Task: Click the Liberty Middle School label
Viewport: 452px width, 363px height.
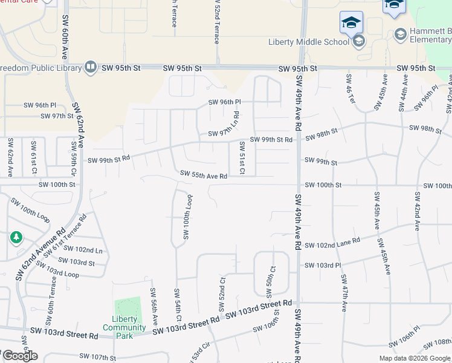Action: click(x=308, y=41)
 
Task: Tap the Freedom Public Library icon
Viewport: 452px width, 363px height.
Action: click(x=91, y=67)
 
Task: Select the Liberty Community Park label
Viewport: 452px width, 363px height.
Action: click(x=124, y=324)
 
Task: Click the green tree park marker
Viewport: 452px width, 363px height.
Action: click(x=15, y=238)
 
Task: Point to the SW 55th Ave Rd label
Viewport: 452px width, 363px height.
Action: click(x=204, y=176)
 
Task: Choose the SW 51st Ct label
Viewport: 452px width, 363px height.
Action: click(x=242, y=157)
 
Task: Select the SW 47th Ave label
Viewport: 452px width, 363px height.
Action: click(x=343, y=293)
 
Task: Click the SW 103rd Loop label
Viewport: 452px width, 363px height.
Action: click(x=56, y=270)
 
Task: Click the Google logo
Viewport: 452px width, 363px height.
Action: click(x=20, y=356)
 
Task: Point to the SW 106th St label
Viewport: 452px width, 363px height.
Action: click(x=266, y=324)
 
